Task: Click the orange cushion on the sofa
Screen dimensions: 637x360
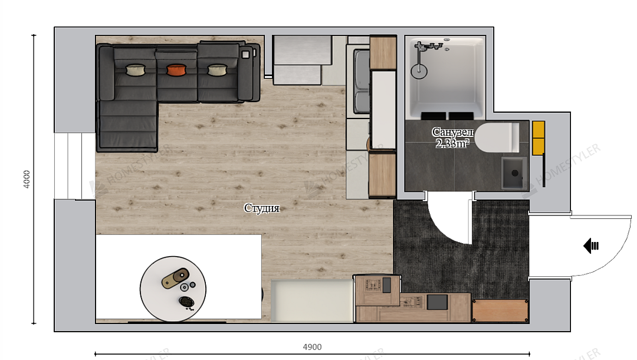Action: pos(176,70)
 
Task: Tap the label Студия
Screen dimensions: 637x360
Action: pos(262,208)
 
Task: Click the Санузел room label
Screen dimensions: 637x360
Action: pos(452,132)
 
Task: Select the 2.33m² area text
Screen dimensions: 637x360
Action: pos(452,143)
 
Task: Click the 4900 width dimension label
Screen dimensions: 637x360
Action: pos(312,347)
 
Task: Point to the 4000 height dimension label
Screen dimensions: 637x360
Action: pos(27,179)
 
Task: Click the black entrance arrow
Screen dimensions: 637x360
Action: pos(591,246)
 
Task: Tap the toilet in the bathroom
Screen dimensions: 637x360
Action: pos(497,138)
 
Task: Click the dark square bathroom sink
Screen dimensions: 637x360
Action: pos(514,173)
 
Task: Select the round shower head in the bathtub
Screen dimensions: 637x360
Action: pos(419,71)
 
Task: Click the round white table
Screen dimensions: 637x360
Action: pos(173,289)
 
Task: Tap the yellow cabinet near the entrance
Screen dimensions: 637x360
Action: pos(539,138)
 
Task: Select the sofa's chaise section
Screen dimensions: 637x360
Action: pos(127,125)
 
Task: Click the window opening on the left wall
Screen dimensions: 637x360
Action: pos(75,166)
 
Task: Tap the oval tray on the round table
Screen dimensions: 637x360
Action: pos(175,279)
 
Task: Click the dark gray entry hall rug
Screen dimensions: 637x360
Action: pos(461,248)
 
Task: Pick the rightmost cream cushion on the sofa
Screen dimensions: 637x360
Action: pos(217,70)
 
